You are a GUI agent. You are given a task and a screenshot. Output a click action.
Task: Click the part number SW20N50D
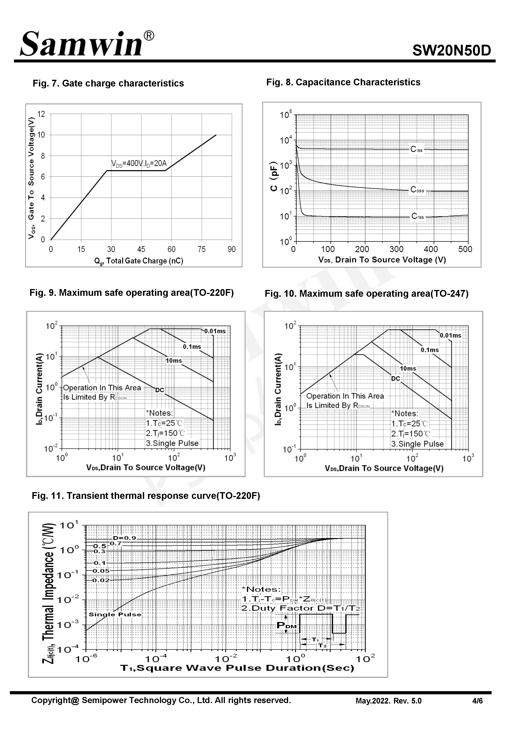[452, 50]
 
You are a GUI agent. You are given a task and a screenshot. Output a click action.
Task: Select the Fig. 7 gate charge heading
[108, 83]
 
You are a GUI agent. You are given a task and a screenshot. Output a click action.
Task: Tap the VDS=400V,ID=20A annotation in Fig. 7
[139, 164]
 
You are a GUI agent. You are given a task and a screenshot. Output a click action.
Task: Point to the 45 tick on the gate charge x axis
[141, 250]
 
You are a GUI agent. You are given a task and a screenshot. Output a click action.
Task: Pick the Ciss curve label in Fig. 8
[416, 149]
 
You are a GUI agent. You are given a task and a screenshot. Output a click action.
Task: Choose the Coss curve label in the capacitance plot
[417, 190]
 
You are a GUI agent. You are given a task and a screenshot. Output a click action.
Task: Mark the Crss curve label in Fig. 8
[417, 216]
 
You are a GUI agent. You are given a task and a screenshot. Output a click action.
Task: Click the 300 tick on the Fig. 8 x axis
[396, 250]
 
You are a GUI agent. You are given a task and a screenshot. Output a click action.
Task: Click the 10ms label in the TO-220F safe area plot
[174, 361]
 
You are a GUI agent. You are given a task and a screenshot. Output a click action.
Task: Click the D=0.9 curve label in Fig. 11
[124, 538]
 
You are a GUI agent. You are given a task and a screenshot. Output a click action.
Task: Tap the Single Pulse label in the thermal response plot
[115, 615]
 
